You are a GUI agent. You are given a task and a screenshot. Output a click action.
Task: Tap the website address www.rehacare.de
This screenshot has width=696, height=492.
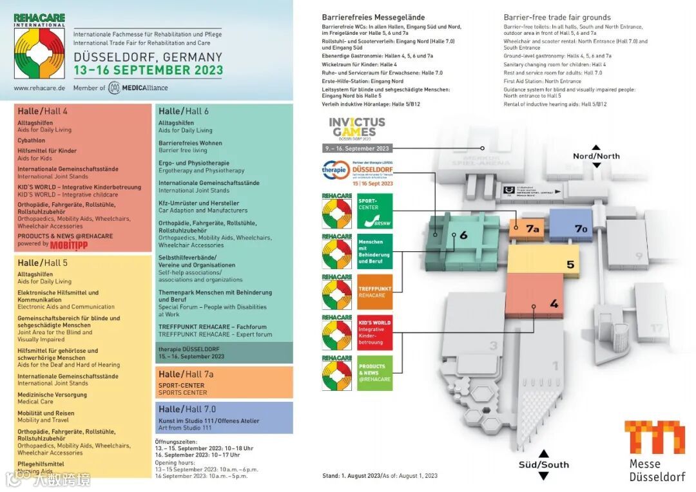point(39,88)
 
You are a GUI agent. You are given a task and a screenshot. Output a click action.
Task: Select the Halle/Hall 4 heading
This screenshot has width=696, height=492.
point(43,111)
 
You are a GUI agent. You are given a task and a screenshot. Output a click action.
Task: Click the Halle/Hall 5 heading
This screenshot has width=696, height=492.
point(43,263)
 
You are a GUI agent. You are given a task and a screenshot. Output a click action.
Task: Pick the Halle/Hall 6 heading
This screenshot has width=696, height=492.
point(184,111)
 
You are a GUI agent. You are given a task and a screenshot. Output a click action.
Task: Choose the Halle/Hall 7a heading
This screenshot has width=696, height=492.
point(186,374)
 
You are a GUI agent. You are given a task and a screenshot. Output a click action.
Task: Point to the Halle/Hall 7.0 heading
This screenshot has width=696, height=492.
point(188,409)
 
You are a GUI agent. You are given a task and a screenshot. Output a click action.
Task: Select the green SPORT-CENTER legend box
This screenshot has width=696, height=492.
point(374,211)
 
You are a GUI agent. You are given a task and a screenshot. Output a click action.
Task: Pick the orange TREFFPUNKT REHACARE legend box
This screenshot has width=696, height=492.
point(374,292)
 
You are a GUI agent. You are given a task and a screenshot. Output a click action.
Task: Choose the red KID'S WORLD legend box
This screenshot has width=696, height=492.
point(374,332)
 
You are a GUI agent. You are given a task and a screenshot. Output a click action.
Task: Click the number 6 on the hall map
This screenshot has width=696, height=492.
point(463,236)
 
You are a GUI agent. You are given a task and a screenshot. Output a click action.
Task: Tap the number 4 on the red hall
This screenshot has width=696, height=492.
point(554,304)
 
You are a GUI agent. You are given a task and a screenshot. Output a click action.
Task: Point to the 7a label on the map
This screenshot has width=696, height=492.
point(532,229)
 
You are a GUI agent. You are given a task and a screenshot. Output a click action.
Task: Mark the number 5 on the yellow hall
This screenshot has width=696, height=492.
point(570,265)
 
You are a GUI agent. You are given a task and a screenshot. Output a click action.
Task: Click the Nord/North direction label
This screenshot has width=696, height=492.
point(596,156)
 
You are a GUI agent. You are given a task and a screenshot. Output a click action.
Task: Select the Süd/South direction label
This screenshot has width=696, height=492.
point(543,464)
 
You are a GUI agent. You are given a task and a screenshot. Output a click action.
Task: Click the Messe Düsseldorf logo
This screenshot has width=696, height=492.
point(654,451)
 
